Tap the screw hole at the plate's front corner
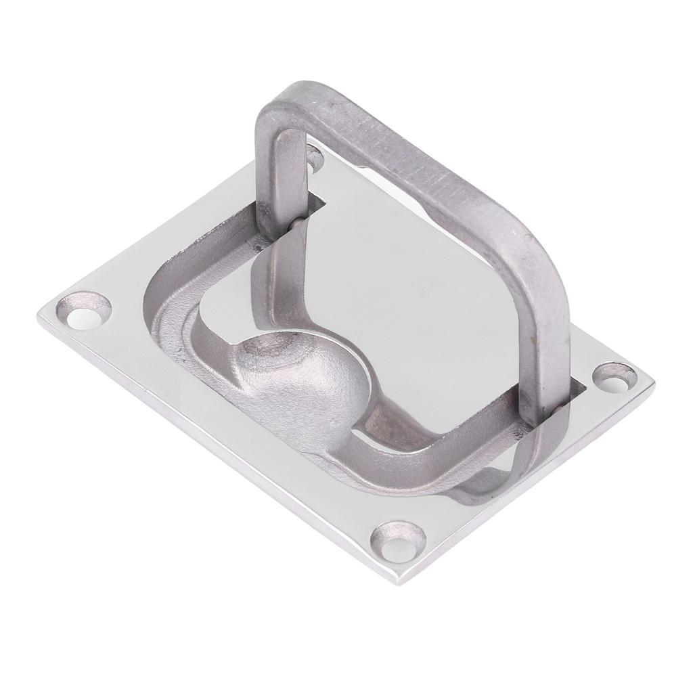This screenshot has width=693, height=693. (399, 541)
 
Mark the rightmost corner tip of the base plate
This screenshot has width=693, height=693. (653, 382)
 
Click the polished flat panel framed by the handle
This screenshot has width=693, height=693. (420, 271)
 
